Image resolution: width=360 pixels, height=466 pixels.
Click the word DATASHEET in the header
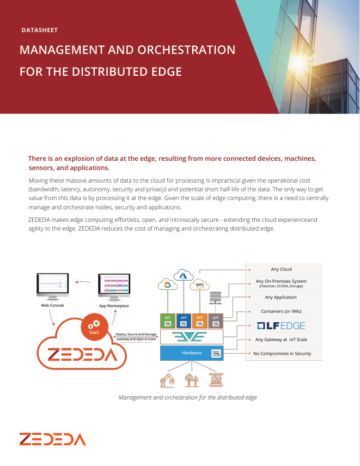(x=39, y=31)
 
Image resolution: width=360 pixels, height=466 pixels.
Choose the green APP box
(x=168, y=320)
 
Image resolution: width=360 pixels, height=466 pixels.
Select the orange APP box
(x=200, y=320)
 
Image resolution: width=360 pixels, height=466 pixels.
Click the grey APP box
(x=216, y=320)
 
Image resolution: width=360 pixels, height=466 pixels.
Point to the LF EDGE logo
(x=281, y=326)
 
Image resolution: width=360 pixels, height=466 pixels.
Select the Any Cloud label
(x=281, y=269)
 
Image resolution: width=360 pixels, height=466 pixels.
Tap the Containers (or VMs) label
(x=282, y=311)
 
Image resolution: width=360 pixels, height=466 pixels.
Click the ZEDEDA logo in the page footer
(x=52, y=439)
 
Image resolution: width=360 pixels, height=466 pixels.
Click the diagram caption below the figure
(x=188, y=397)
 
